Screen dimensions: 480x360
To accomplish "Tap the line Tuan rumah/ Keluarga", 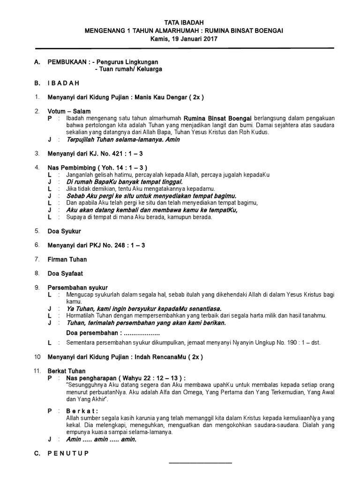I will [x=128, y=69].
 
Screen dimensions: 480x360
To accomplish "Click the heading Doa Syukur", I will [x=64, y=231].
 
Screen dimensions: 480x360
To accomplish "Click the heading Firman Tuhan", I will [x=67, y=259].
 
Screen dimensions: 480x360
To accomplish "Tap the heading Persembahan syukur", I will [x=77, y=287].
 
